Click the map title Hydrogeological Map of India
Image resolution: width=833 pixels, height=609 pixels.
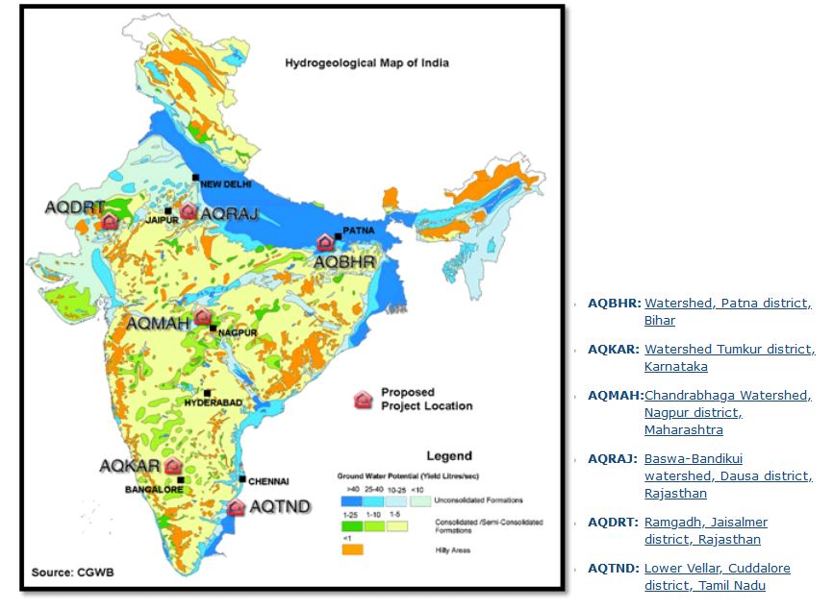point(366,63)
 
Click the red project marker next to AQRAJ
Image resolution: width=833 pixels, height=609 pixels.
point(189,210)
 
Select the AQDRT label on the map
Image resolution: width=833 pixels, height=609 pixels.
point(74,207)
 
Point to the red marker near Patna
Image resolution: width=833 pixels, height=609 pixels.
point(325,242)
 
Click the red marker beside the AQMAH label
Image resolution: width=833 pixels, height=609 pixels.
point(202,316)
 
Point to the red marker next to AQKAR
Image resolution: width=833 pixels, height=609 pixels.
point(173,466)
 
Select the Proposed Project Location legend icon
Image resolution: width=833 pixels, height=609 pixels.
point(364,400)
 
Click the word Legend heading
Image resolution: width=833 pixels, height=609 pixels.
point(448,455)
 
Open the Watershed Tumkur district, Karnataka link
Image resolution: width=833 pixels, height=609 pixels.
point(729,357)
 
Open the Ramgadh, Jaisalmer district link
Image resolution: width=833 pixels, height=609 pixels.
point(705,530)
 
